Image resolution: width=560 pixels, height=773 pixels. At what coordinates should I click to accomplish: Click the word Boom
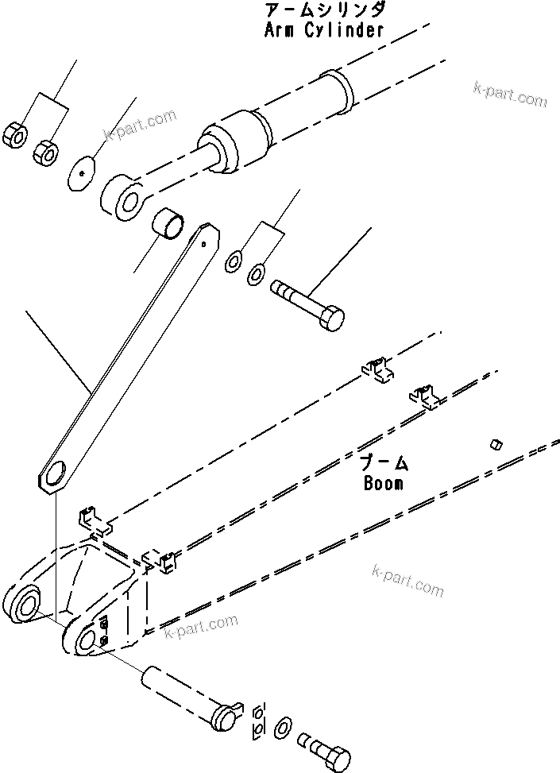(383, 482)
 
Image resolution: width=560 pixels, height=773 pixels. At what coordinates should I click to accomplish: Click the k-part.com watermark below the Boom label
(407, 581)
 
